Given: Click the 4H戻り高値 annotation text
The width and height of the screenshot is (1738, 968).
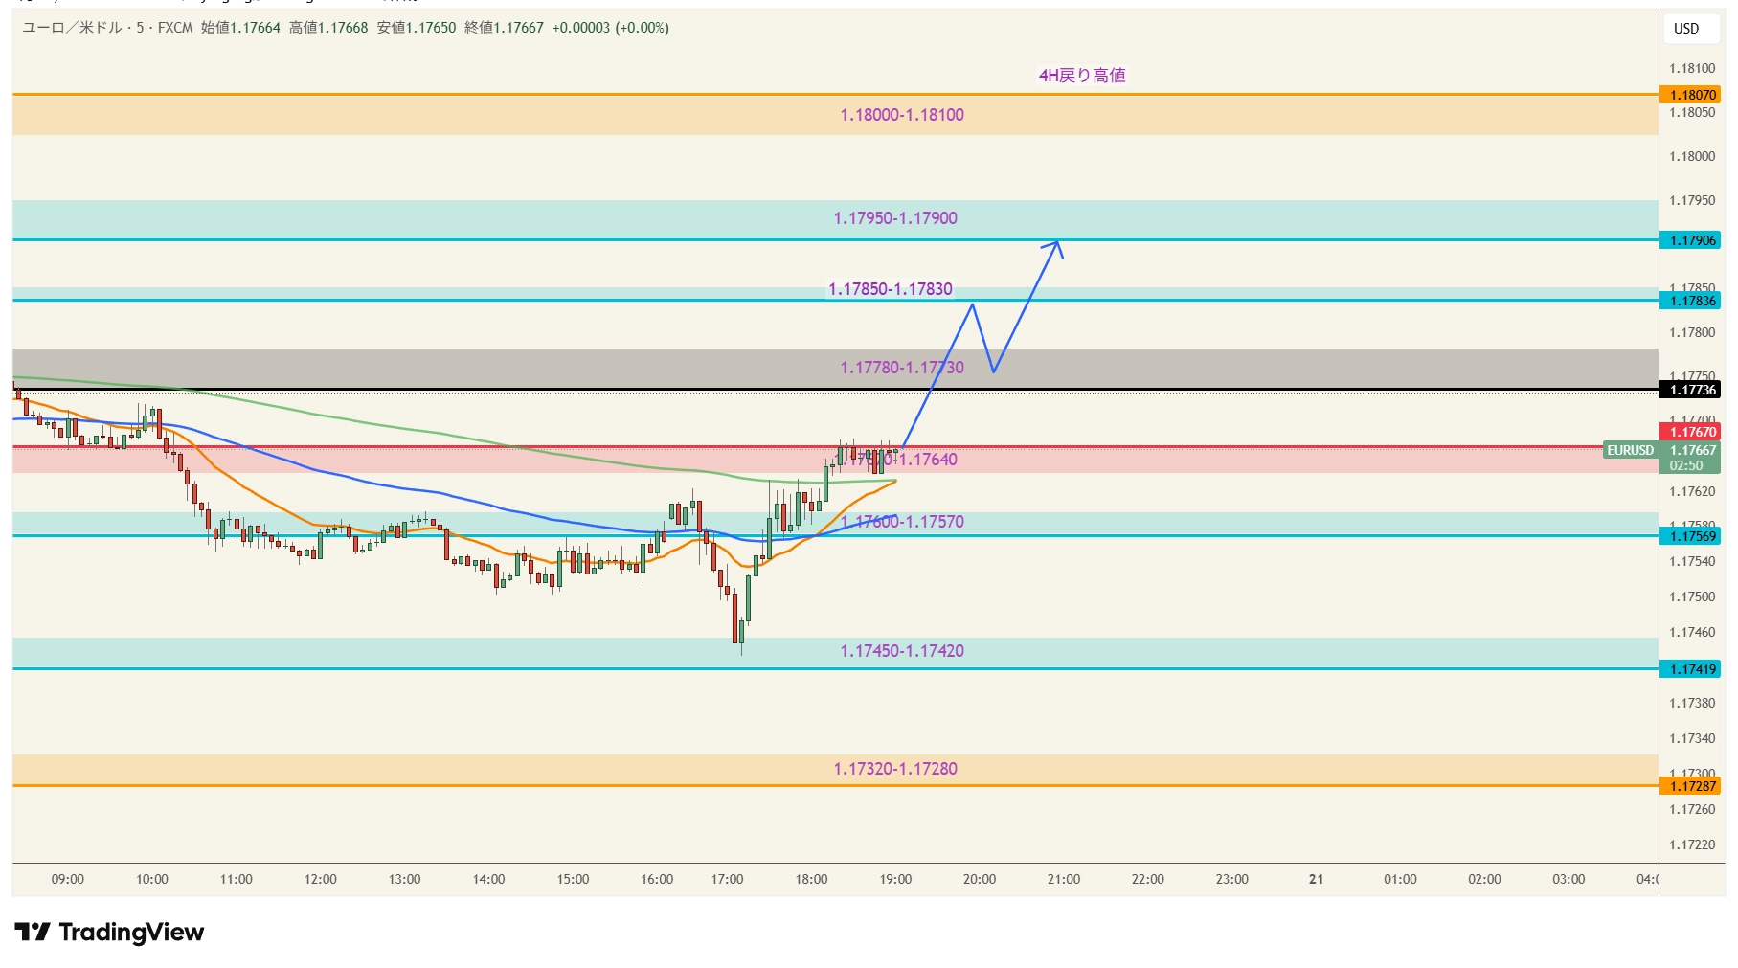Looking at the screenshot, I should point(1082,76).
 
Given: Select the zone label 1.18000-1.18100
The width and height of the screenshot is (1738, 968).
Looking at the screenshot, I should point(902,115).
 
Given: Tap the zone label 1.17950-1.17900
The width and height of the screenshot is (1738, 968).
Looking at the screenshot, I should point(895,218).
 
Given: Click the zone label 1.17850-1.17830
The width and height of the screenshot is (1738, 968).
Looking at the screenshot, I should point(891,289).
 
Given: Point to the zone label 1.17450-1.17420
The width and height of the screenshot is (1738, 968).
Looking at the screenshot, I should point(902,651).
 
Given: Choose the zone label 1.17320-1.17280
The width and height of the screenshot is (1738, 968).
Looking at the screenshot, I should point(895,769).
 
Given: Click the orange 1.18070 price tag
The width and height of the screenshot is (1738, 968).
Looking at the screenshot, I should point(1692,95).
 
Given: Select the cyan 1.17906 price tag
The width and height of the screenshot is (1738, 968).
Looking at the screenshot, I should point(1692,240).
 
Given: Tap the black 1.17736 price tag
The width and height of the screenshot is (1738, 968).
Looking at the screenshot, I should point(1692,390).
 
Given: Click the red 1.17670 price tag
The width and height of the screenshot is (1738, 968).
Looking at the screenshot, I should point(1692,432).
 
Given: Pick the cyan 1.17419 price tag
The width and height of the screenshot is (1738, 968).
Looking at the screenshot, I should point(1692,669).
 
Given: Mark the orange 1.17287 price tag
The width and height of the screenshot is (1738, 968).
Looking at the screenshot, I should point(1692,786).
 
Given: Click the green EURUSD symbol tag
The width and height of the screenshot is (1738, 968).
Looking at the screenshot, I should point(1630,450).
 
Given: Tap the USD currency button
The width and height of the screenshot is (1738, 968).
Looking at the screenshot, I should point(1686,29).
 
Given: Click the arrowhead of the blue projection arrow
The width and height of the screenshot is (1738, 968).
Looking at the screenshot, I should point(1057,243).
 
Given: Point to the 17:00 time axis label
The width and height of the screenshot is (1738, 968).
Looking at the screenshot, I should point(727,879).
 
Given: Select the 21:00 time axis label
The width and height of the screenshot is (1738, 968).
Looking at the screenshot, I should point(1063,879).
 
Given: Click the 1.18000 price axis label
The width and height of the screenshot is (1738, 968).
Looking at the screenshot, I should point(1692,156).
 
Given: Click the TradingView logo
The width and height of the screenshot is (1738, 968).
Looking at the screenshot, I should point(109,932).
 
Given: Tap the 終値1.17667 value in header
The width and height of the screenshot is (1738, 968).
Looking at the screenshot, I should point(504,28).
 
